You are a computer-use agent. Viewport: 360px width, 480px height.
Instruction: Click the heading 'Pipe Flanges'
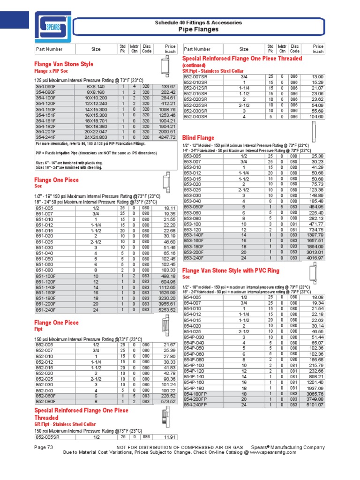pyautogui.click(x=198, y=30)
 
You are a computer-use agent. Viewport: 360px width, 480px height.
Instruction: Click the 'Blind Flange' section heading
pyautogui.click(x=198, y=138)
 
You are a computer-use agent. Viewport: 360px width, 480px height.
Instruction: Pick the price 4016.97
pyautogui.click(x=314, y=258)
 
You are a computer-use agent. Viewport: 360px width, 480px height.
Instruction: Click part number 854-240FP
pyautogui.click(x=196, y=405)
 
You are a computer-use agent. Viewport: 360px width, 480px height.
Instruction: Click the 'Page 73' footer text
pyautogui.click(x=44, y=447)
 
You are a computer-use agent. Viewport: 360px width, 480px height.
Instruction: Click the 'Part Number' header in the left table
pyautogui.click(x=49, y=49)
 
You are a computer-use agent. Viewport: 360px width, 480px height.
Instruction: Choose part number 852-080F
pyautogui.click(x=46, y=402)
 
